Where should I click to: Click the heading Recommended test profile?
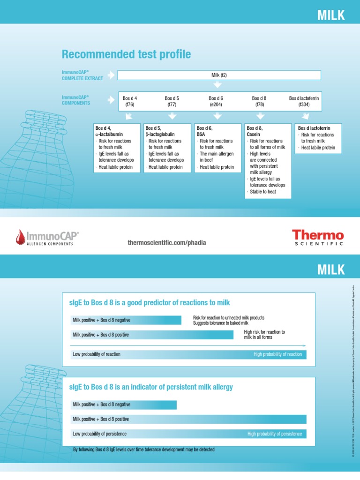(x=126, y=54)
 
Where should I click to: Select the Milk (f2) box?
(x=219, y=75)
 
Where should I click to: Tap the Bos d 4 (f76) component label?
(x=130, y=101)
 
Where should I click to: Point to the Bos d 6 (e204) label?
(x=216, y=101)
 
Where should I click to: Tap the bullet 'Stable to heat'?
(x=263, y=191)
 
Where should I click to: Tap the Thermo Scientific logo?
(x=318, y=237)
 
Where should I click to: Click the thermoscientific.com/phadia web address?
(x=166, y=243)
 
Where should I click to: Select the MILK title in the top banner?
(x=331, y=15)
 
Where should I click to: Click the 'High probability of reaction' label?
(x=277, y=354)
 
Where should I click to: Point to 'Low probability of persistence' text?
(x=100, y=434)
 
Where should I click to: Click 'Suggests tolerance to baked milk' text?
(x=220, y=323)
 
